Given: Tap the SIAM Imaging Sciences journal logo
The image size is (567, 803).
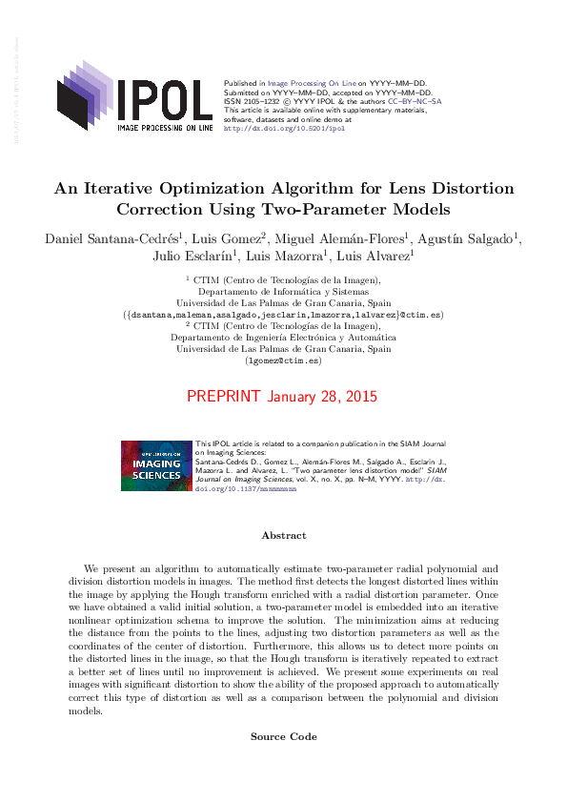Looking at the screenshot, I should (156, 465).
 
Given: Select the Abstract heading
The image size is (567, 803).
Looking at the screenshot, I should (283, 536).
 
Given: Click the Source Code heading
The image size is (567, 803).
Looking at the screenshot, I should (283, 736).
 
